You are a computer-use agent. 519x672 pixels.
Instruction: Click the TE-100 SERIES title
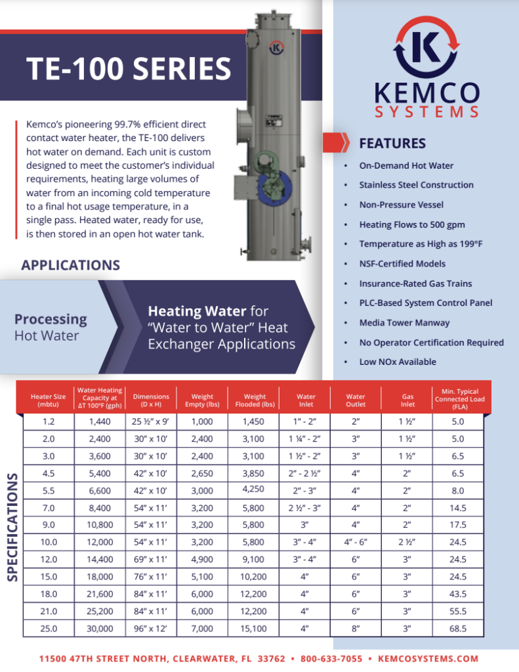(129, 70)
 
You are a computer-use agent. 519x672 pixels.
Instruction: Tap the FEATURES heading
(392, 143)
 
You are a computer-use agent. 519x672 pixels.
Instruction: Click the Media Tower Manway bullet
(404, 323)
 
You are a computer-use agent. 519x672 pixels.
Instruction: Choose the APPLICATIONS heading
(70, 265)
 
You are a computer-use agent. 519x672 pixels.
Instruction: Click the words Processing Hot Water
(51, 327)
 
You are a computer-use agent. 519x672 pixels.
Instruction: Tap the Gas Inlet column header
(407, 400)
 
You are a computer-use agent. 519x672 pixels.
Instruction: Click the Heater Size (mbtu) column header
(48, 400)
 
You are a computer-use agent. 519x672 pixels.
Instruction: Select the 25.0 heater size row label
(49, 628)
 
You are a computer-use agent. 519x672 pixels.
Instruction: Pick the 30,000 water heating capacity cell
(100, 628)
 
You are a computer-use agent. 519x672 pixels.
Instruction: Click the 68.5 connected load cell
(459, 628)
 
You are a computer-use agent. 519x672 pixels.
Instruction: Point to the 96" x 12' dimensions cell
(151, 628)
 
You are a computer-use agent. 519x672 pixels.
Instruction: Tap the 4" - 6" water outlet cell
(356, 542)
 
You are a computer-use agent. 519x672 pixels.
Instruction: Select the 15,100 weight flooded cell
(255, 628)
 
